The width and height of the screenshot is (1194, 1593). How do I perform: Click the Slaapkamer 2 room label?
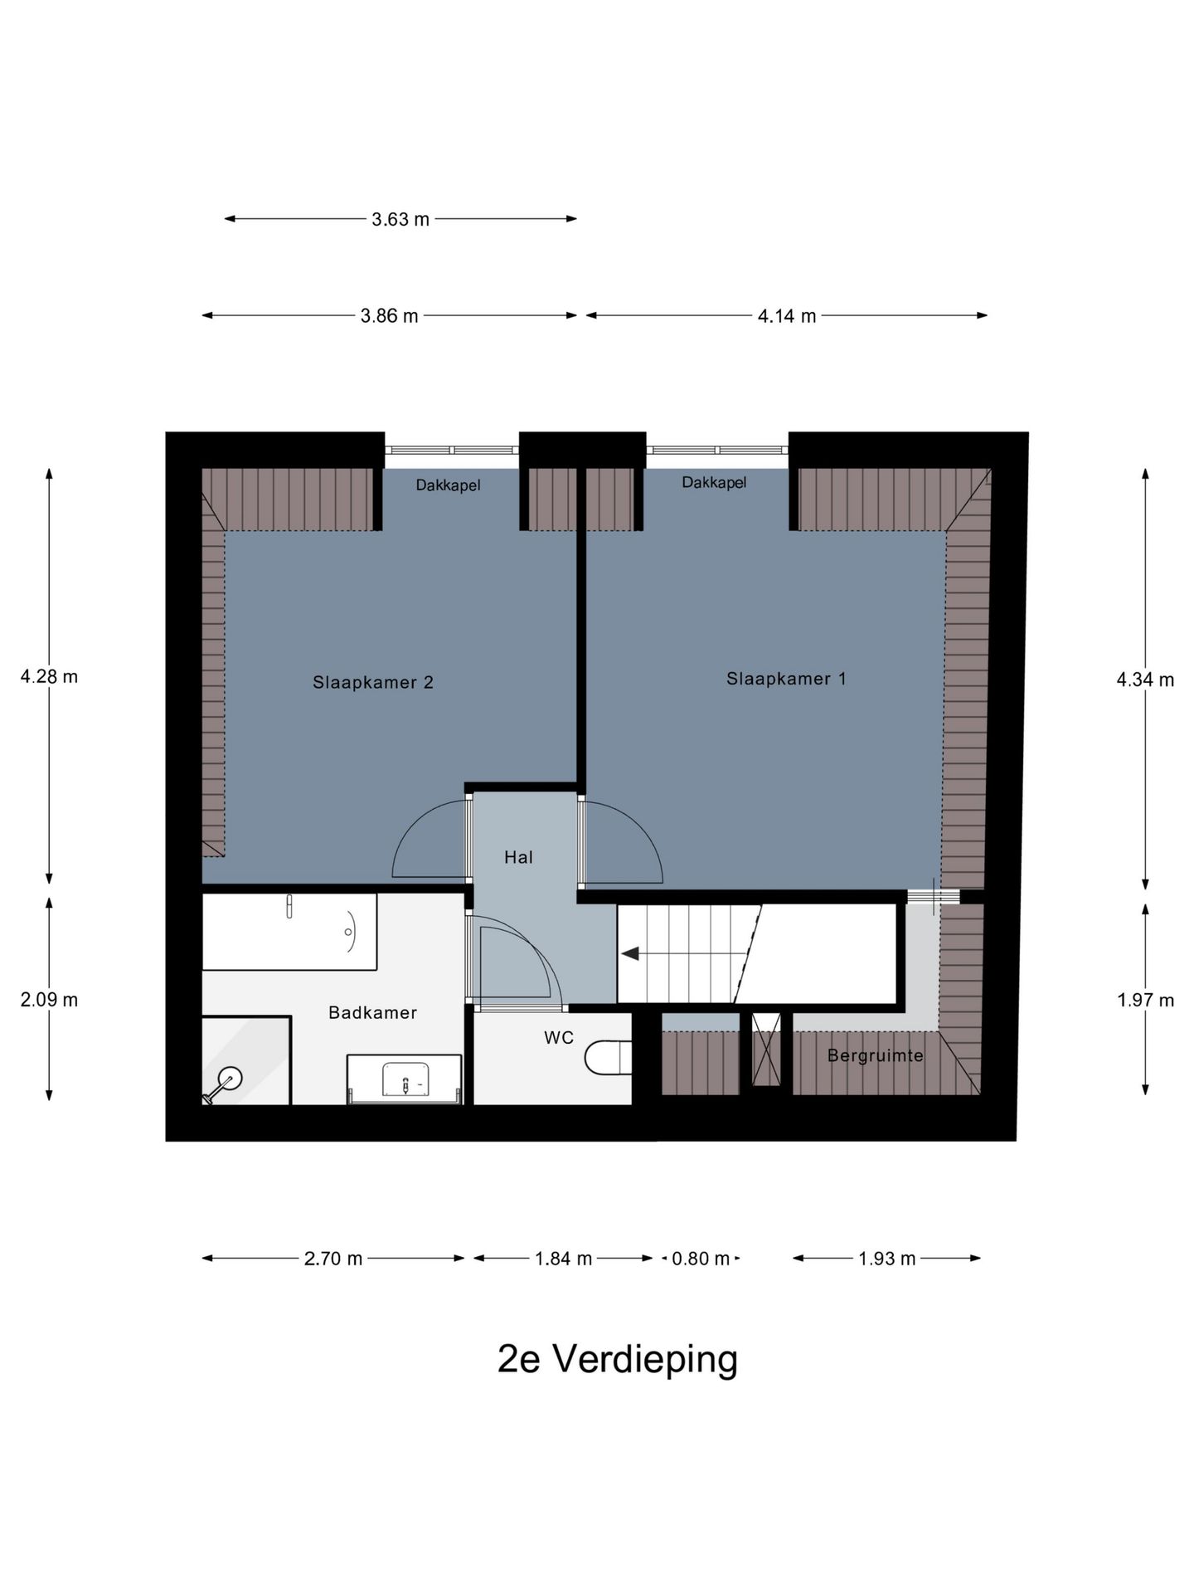coord(372,682)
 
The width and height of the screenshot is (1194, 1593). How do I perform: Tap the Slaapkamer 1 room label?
coord(786,679)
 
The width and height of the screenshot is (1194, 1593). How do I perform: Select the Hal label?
coord(518,857)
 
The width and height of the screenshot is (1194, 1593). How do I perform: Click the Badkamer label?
coord(372,1012)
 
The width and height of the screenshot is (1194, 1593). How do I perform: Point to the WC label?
coord(559,1038)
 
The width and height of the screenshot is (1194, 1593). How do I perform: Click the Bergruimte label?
coord(875,1055)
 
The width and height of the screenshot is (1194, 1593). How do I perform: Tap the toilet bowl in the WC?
coord(607,1058)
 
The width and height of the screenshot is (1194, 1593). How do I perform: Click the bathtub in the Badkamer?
coord(289,931)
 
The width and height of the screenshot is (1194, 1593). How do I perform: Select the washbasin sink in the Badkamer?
coord(405,1079)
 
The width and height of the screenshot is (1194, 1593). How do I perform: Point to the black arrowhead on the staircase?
coord(630,954)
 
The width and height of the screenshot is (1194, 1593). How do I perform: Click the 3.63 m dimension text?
coord(400,219)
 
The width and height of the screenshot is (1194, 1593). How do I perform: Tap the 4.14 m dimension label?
coord(786,315)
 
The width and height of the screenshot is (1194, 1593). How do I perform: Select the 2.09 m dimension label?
coord(49,1000)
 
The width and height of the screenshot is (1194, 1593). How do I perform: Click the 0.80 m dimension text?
coord(700,1259)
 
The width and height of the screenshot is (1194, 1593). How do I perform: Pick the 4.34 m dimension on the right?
coord(1145,680)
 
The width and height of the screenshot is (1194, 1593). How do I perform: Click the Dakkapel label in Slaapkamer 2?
coord(448,485)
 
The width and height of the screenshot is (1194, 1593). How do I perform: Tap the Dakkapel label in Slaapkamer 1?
coord(714,482)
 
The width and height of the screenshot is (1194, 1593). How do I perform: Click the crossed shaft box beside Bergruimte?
coord(766,1050)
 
